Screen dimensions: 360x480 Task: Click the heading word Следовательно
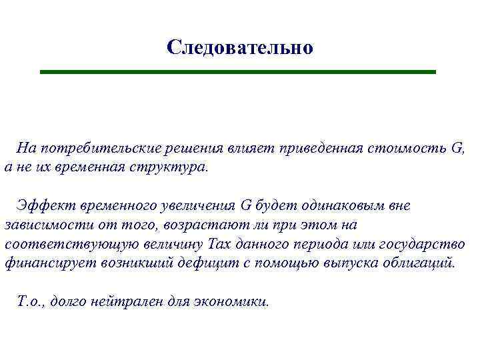coord(239,47)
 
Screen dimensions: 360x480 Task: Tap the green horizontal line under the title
coord(238,71)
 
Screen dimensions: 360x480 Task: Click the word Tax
coord(220,244)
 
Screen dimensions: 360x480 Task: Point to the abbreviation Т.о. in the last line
coord(31,301)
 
